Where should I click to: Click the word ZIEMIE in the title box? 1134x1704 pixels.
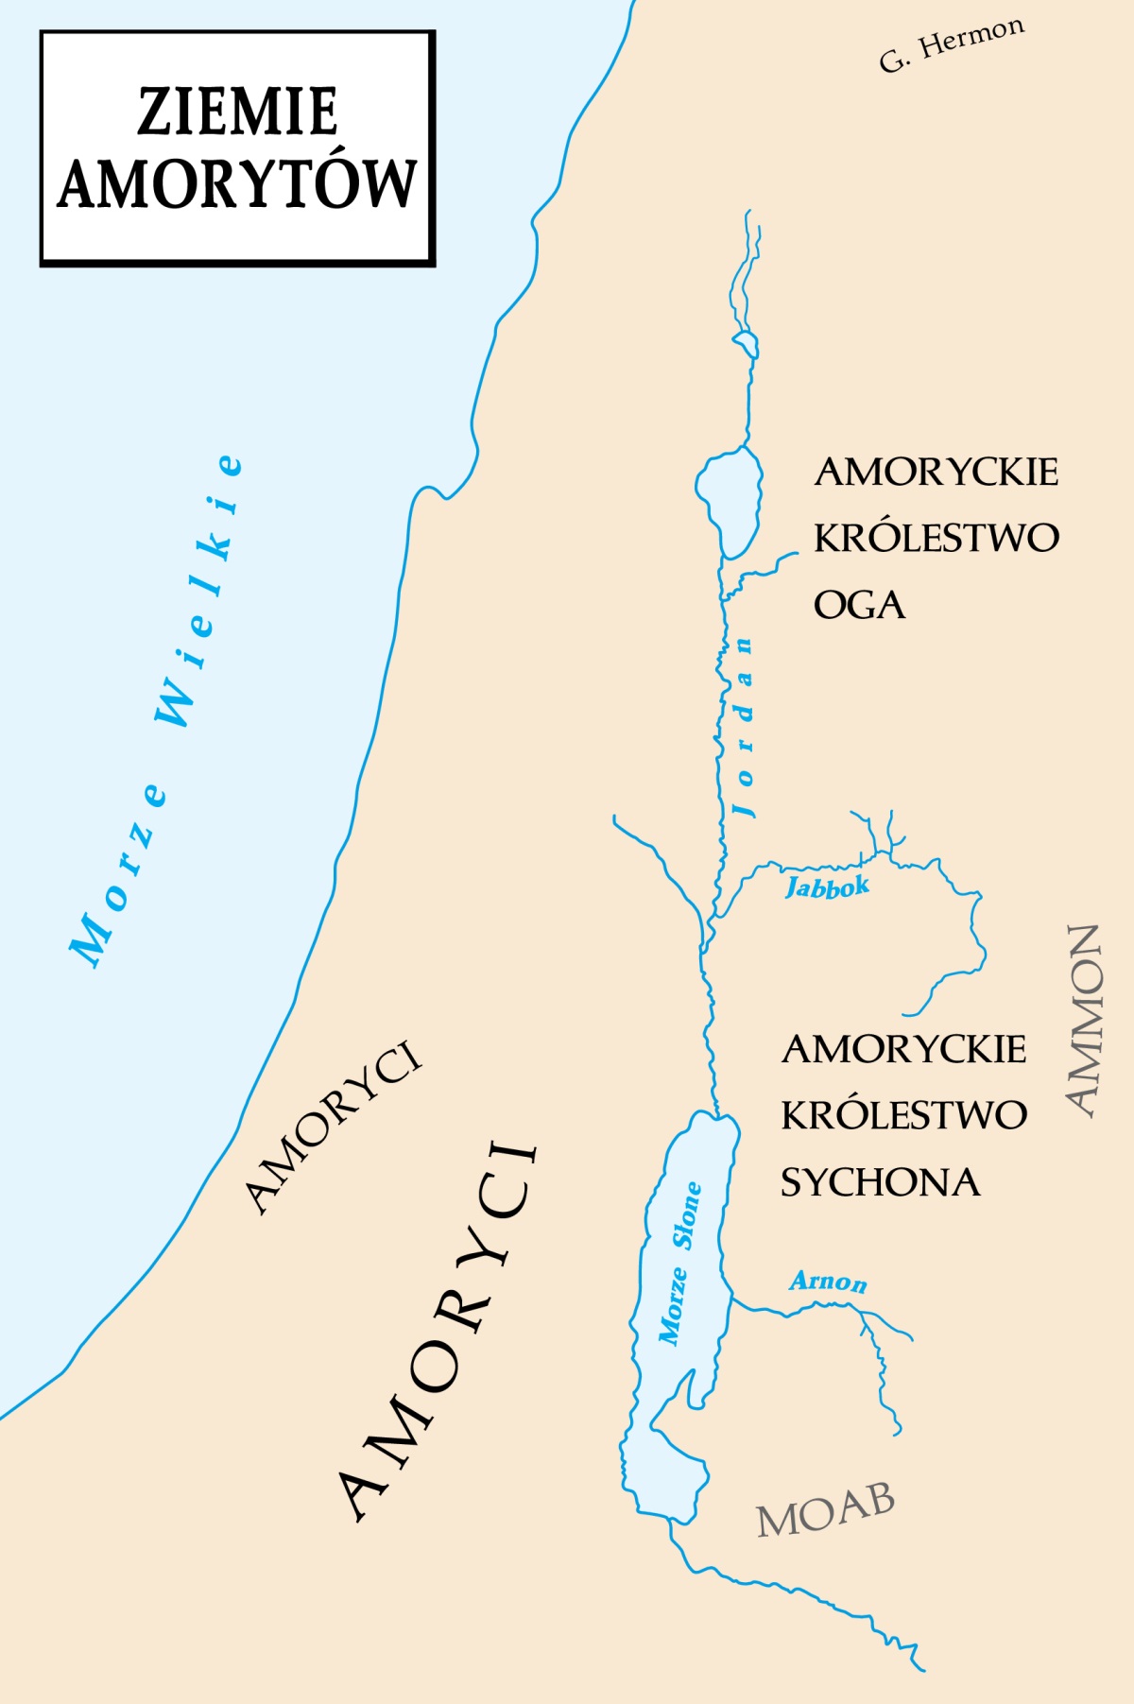[237, 112]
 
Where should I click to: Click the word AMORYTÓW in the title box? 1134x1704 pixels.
[237, 183]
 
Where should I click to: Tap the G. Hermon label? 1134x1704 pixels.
[951, 44]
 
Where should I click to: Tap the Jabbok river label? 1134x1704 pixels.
[827, 886]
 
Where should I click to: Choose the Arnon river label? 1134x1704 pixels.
[828, 1282]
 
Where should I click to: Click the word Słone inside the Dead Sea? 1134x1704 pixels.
[687, 1215]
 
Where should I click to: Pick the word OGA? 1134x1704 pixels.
[859, 606]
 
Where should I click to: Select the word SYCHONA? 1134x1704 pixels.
[880, 1183]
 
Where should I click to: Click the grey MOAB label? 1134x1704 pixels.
[825, 1510]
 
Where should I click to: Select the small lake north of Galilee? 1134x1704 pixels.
[746, 342]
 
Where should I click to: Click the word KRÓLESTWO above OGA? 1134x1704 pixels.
[936, 538]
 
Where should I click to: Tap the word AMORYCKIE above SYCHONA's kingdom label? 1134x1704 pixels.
[903, 1050]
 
